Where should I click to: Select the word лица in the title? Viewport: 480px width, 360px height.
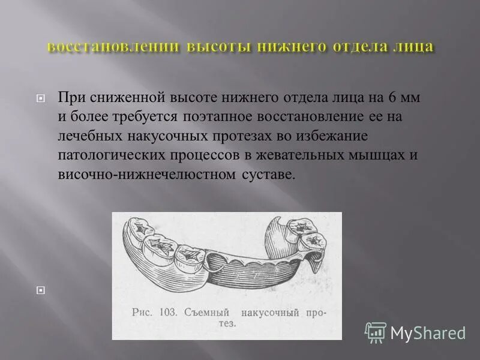(411, 47)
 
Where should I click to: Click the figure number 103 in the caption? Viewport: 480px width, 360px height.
(170, 313)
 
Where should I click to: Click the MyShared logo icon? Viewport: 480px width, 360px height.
(376, 332)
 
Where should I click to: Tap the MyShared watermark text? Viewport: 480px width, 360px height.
(428, 333)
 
